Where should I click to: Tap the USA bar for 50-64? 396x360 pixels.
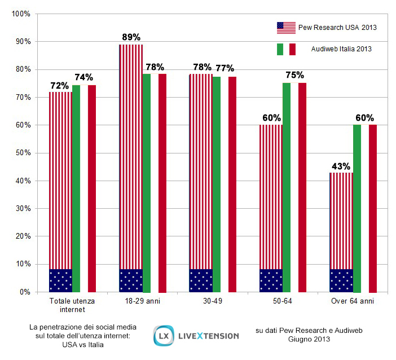pos(271,208)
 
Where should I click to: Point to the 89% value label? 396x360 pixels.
pos(131,37)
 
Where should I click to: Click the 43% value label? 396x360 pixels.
pos(341,166)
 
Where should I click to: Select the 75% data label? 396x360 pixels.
pos(294,75)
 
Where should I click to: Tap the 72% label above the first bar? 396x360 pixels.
pos(59,86)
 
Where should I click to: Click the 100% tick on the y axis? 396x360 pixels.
pos(21,14)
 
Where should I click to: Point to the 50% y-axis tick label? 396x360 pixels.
pos(23,153)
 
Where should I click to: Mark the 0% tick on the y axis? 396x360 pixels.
pos(25,292)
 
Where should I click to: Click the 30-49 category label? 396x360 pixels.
pos(213,301)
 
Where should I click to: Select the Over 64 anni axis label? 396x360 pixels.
pos(353,301)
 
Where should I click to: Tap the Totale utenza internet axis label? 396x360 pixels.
pos(72,305)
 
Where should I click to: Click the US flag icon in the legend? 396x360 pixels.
pos(286,27)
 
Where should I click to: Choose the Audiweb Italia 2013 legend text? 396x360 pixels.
pos(341,49)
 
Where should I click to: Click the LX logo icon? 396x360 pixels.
pos(164,335)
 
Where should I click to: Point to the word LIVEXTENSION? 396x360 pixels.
pos(208,336)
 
